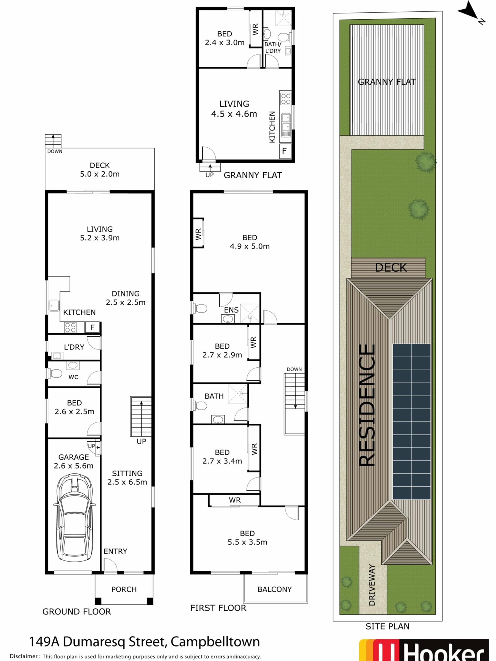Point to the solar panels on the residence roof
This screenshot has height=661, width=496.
(x=411, y=422)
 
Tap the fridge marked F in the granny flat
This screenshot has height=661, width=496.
(x=284, y=151)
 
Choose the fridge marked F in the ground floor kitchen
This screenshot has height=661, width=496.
(x=92, y=327)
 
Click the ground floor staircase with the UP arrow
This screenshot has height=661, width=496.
(x=141, y=416)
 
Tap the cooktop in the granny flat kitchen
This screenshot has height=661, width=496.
(x=285, y=99)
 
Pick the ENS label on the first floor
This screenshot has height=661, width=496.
(x=231, y=310)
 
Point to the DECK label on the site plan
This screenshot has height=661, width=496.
(x=391, y=267)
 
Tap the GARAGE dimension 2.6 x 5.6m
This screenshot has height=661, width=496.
(x=74, y=466)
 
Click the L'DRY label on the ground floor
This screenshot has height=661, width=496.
(x=74, y=347)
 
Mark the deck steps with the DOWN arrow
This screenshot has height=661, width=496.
(x=53, y=141)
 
